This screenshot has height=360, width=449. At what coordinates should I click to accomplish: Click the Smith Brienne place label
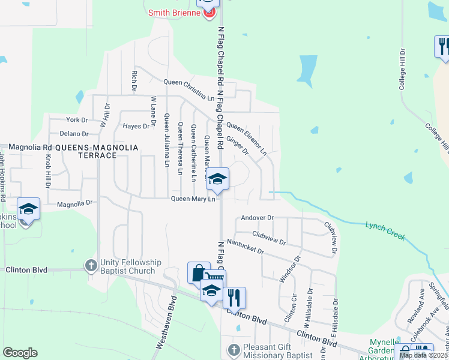point(175,13)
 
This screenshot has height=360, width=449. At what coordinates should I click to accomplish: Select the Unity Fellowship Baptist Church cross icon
point(91,265)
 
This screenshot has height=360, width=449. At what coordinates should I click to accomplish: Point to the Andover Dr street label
point(257,218)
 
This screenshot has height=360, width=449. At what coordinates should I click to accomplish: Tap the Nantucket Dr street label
point(245,248)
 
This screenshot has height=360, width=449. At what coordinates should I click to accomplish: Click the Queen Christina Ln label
point(189,89)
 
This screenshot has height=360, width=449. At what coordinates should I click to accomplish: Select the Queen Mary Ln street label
point(193,199)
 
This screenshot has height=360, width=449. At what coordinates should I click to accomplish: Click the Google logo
point(20,353)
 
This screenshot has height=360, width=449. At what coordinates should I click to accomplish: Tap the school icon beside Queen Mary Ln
point(217,179)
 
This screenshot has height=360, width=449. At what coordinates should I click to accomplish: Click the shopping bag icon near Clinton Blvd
point(199,273)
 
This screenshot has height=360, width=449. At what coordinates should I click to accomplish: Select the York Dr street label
point(77,120)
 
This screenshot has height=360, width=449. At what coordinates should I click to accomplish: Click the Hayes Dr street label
point(136,126)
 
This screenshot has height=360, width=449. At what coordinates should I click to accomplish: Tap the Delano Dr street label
point(74,134)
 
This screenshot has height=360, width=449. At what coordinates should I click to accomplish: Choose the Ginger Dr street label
point(238,145)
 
